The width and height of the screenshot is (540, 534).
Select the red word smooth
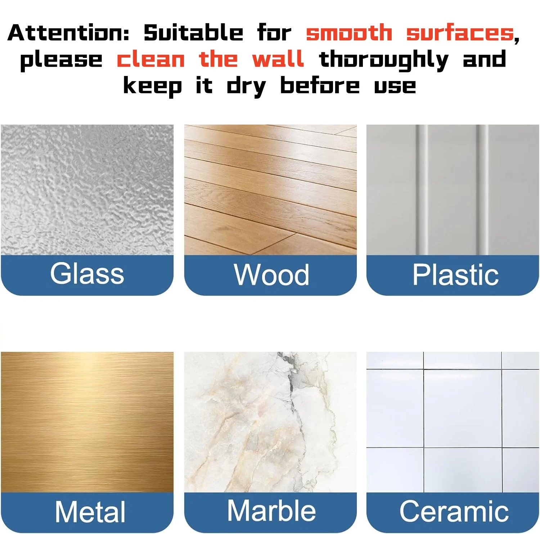[x=349, y=33]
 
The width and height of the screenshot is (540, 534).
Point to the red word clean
[x=151, y=59]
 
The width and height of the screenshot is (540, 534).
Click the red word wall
[x=278, y=59]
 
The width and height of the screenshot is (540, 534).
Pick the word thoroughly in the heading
[x=384, y=60]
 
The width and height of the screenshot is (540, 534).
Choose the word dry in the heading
[x=246, y=87]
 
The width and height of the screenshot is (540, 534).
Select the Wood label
[x=271, y=275]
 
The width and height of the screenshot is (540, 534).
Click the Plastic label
[x=455, y=275]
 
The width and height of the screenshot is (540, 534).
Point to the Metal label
[x=90, y=511]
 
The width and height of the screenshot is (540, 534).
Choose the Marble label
[x=271, y=511]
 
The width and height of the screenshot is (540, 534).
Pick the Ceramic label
[x=454, y=511]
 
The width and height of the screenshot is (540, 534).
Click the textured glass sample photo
[x=87, y=190]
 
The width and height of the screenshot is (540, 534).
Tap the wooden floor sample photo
[x=270, y=190]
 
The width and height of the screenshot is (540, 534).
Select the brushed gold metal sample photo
[x=87, y=422]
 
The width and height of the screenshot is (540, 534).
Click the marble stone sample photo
[x=270, y=422]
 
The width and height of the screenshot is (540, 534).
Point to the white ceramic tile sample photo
[x=453, y=422]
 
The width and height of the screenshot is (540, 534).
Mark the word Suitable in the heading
[x=193, y=33]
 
